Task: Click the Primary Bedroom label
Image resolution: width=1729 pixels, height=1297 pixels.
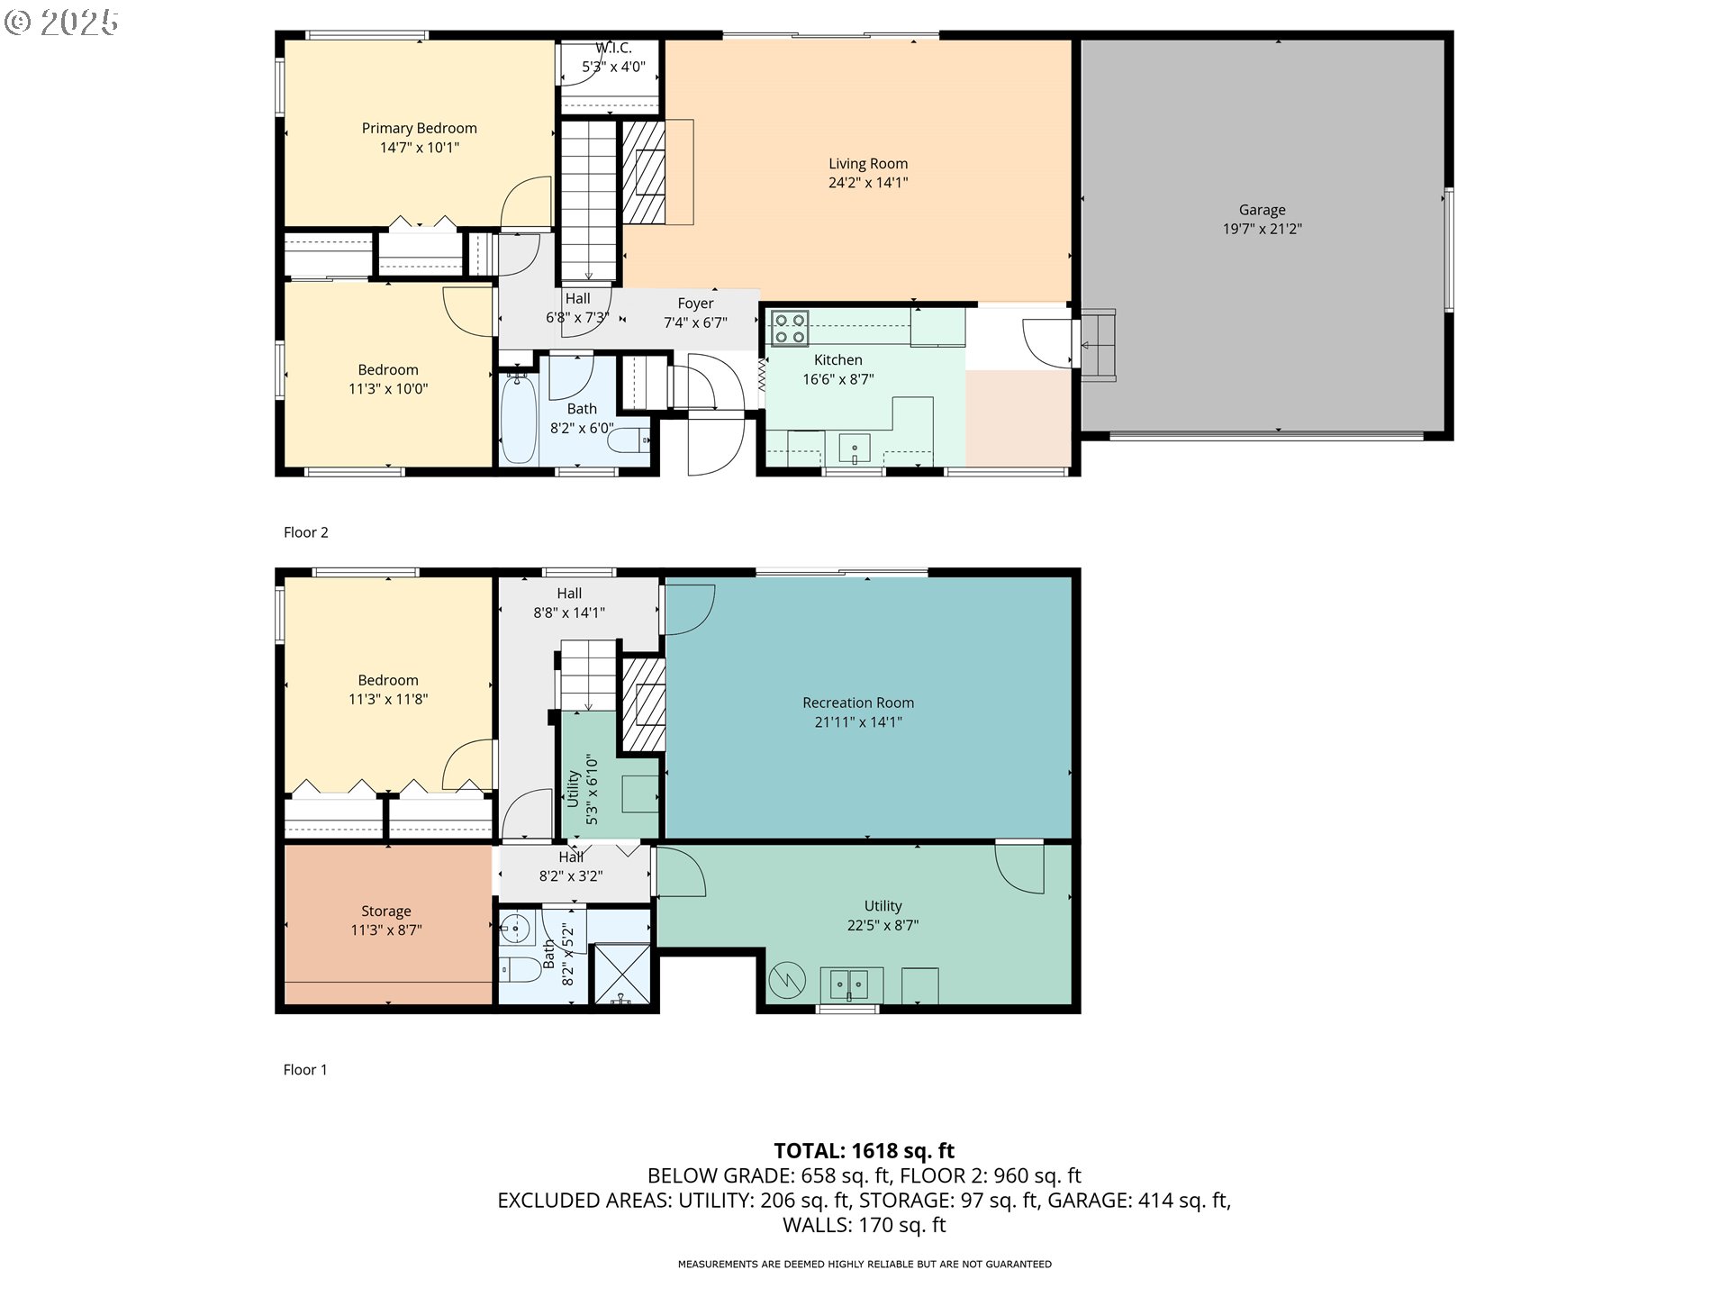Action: point(420,128)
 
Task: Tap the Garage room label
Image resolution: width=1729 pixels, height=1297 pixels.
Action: point(1262,210)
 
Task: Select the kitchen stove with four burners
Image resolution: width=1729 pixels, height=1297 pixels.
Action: point(790,328)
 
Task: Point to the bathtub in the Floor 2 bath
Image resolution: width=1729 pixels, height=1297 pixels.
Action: point(518,419)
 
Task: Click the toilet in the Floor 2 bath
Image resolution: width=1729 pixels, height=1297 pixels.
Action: point(628,441)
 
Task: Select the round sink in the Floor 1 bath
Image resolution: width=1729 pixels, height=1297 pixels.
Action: point(516,927)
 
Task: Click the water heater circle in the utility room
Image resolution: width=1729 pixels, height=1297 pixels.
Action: point(786,980)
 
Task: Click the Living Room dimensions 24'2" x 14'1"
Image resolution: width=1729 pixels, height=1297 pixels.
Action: point(868,183)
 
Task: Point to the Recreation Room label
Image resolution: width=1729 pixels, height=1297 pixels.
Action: point(858,703)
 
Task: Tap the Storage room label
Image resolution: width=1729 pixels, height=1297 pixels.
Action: point(386,912)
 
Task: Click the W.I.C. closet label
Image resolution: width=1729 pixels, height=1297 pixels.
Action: point(613,48)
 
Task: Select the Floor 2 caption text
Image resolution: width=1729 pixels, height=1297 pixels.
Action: point(306,532)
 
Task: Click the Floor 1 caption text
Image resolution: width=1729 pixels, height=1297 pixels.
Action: point(305,1070)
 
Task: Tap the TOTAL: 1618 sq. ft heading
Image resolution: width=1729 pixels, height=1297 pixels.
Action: point(864,1151)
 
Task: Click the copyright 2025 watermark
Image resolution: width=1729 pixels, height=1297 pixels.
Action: point(61,23)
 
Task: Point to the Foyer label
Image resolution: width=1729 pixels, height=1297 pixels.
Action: point(696,304)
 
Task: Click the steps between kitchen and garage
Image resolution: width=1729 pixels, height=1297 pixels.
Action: point(1098,346)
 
